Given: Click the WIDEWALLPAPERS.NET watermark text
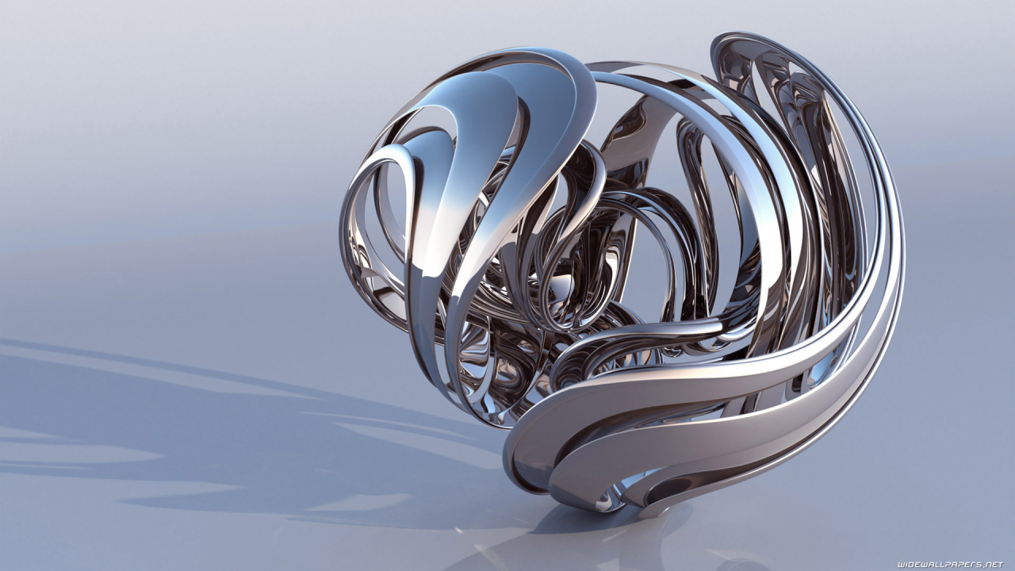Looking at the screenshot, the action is [950, 565].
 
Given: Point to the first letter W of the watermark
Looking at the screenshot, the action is [902, 565].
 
